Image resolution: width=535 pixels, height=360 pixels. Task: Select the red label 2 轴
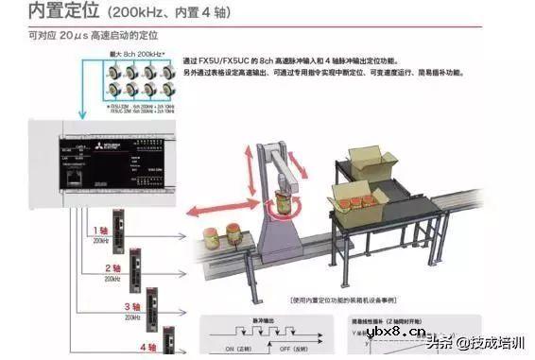click(112, 269)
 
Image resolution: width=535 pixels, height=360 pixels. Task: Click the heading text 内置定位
click(63, 13)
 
